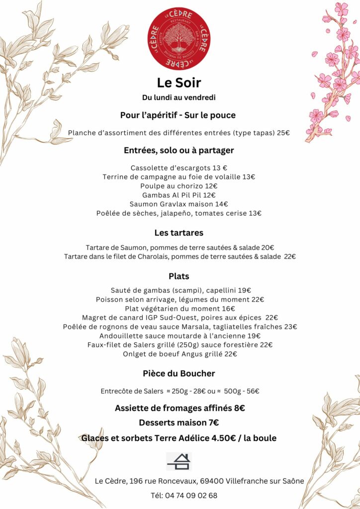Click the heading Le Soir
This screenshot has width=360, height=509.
click(179, 83)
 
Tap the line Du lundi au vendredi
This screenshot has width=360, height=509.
click(179, 97)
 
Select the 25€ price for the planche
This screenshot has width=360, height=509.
click(283, 133)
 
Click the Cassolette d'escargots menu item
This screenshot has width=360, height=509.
click(179, 168)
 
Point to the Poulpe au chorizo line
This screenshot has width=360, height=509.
click(180, 186)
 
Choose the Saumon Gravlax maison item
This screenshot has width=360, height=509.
click(179, 204)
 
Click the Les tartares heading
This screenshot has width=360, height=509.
click(179, 233)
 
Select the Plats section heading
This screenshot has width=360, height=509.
click(179, 276)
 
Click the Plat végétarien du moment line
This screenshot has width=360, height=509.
click(180, 309)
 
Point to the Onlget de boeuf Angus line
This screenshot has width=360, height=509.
click(180, 354)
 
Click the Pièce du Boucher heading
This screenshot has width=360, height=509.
click(179, 373)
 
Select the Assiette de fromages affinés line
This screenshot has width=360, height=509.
click(180, 408)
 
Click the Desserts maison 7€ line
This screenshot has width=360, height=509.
click(179, 423)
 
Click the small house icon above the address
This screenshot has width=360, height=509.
click(179, 461)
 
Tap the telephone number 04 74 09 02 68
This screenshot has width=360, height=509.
click(190, 496)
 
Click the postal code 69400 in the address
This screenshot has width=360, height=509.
click(212, 481)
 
